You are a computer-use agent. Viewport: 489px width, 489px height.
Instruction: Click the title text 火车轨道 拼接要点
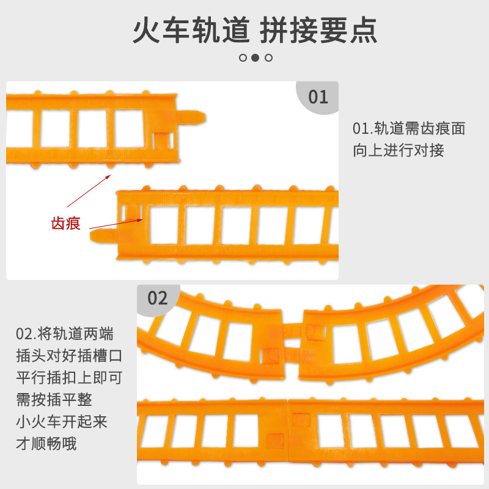pos(255,30)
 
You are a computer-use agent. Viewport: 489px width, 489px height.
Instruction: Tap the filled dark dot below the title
pos(256,58)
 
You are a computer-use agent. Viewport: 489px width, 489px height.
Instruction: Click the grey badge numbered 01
pos(318,97)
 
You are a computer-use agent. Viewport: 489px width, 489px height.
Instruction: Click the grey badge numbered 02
pos(158,298)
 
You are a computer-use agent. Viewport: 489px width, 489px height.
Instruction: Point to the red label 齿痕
pos(65,223)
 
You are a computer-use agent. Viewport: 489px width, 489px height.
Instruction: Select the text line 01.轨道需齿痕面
pos(409,129)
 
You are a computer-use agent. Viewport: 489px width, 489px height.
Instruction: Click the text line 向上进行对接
pos(399,150)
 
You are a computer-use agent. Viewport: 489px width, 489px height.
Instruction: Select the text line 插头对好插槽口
pos(68,356)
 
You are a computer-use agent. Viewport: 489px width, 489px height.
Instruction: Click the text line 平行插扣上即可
pos(68,378)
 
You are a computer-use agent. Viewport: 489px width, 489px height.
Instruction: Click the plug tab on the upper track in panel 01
pos(193,116)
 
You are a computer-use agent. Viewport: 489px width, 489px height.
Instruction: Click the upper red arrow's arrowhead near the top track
pos(108,175)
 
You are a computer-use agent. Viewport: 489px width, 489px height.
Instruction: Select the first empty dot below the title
pos(243,58)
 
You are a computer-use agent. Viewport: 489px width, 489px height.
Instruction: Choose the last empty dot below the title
pos(268,58)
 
